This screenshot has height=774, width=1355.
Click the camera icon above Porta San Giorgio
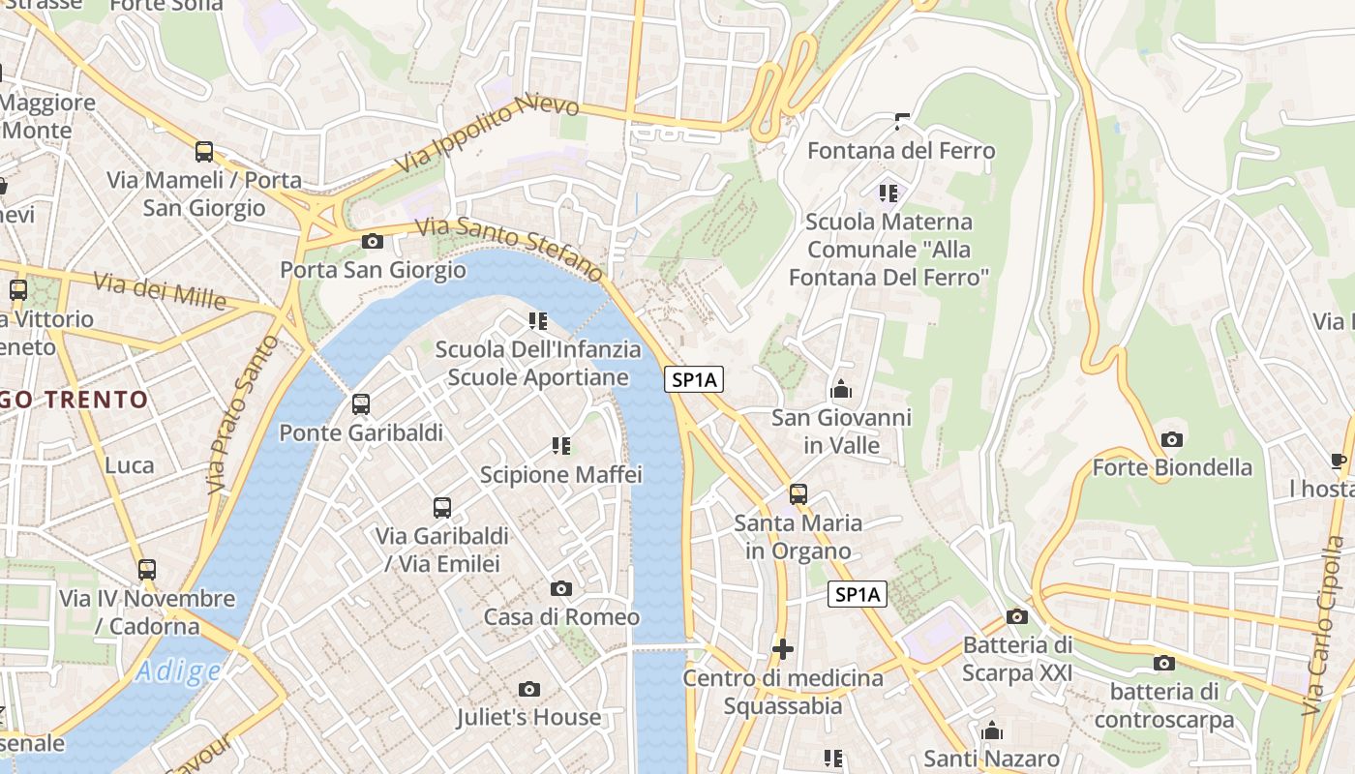point(372,241)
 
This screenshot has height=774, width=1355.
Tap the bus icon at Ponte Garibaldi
point(361,403)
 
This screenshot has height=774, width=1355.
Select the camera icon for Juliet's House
point(528,689)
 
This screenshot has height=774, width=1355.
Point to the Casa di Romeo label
point(561,616)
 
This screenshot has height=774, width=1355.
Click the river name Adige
point(178,670)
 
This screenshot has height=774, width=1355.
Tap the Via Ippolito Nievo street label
point(487,134)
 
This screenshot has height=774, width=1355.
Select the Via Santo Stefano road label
point(510,247)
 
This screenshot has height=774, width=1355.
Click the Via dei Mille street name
point(160,290)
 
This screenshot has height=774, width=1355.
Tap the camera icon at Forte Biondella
point(1171,439)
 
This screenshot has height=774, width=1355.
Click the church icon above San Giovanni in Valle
point(841,389)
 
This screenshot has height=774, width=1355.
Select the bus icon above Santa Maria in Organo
point(798,493)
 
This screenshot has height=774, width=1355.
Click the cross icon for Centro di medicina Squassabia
point(783,648)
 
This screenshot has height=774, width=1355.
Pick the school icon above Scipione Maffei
point(561,445)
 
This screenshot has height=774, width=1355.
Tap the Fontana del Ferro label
point(900,151)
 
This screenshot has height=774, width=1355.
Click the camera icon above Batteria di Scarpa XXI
point(1016,616)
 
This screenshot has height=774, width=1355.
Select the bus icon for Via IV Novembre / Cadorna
point(147,569)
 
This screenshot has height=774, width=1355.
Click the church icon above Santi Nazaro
point(992,730)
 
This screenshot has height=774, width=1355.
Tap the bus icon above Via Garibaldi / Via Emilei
point(442,506)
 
